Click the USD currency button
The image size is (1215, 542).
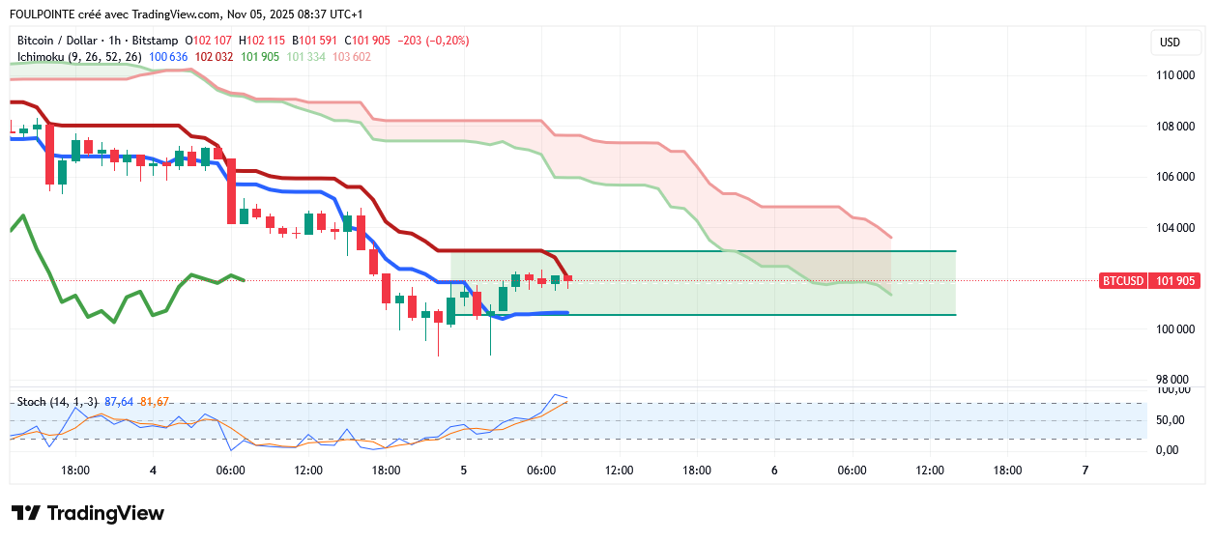click(1170, 43)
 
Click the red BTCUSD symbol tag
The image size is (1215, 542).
click(1124, 281)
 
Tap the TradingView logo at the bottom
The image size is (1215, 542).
click(88, 513)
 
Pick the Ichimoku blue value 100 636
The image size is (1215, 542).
click(168, 57)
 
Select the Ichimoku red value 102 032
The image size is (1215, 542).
click(215, 57)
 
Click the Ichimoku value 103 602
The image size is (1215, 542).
click(352, 57)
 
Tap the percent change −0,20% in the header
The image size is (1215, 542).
click(448, 41)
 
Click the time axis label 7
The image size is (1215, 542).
click(1085, 471)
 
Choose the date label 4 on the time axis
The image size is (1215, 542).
click(153, 471)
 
